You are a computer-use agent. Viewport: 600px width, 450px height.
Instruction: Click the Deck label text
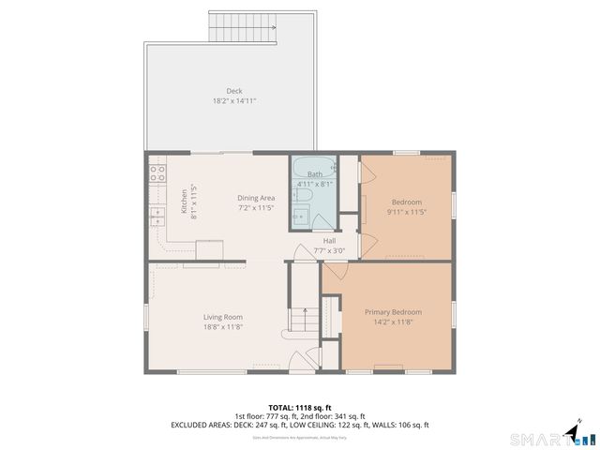coord(233,91)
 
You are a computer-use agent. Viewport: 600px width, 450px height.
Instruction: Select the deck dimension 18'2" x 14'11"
coord(233,100)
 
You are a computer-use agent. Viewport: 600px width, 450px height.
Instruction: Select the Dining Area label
coord(255,198)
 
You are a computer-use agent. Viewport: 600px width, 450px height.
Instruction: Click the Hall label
coord(330,240)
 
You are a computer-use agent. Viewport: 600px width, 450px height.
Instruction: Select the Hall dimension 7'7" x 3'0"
coord(330,250)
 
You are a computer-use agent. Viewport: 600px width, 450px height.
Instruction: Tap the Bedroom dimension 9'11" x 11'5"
coord(406,212)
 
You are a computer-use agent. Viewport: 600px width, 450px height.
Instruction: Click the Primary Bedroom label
coord(393,311)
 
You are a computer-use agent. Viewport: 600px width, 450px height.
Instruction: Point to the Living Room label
coord(223,317)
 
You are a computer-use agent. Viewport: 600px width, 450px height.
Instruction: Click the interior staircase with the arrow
coord(300,321)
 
